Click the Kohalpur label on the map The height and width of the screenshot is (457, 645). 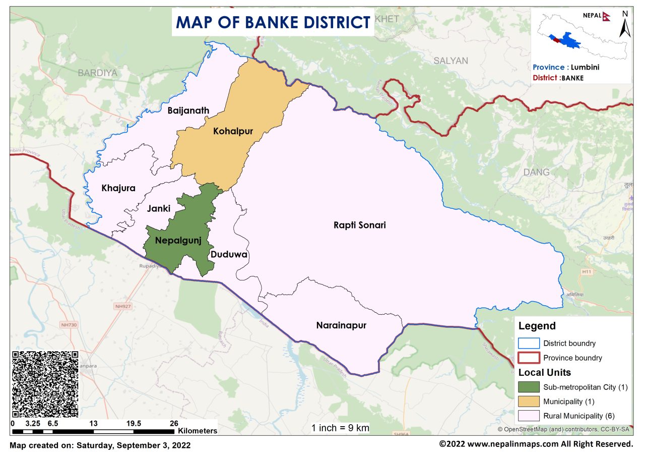point(232,132)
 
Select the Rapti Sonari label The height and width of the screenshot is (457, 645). point(359,225)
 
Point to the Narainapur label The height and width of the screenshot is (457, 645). point(341,325)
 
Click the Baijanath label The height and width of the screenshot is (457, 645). point(188,110)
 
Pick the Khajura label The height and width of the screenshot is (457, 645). point(118,188)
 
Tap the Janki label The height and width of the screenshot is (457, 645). point(159,208)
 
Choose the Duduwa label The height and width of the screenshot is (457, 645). point(229,255)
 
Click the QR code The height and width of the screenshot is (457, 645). point(45,384)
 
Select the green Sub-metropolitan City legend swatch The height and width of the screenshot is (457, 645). point(529,387)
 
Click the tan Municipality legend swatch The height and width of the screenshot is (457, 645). point(529,402)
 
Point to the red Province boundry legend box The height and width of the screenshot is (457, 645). point(529,358)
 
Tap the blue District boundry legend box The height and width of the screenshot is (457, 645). point(529,343)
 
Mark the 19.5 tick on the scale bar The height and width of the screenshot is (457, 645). point(134,424)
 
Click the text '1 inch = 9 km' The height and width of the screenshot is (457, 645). point(340,428)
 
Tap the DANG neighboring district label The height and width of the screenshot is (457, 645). point(536,172)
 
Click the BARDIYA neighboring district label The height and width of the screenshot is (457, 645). point(97,73)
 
